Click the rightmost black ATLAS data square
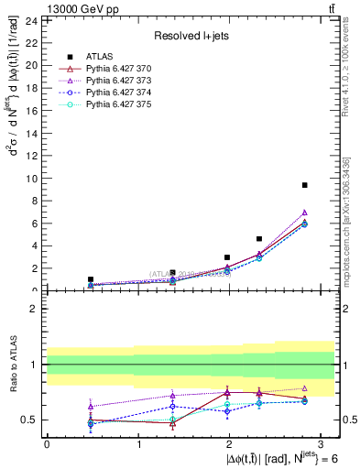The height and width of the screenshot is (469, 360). (304, 185)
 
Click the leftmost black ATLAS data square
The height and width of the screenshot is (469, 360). (91, 279)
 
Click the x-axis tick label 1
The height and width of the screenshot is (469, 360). (138, 444)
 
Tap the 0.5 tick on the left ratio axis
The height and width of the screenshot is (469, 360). (30, 420)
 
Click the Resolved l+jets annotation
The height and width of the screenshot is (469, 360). (191, 35)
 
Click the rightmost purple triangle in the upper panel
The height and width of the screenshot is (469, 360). (304, 213)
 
